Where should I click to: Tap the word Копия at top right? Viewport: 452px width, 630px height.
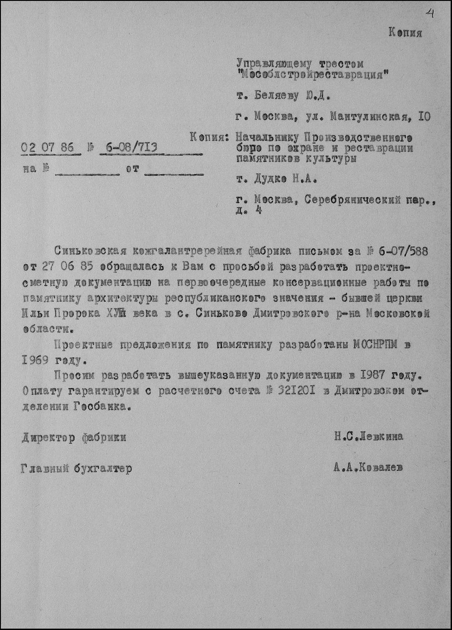(x=405, y=33)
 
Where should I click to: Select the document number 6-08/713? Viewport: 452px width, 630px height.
(x=129, y=147)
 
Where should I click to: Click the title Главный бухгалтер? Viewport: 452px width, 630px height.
(x=76, y=469)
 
